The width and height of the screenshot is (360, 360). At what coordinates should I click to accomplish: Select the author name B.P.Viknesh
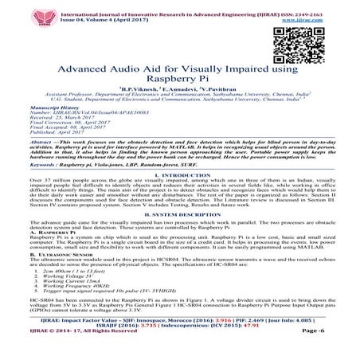point(137,92)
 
